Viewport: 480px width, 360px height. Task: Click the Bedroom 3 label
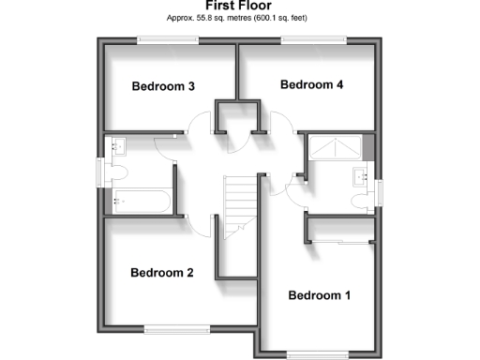163,87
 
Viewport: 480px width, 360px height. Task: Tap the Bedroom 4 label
312,84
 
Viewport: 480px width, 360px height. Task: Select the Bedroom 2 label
161,273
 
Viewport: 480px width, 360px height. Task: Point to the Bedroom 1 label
319,295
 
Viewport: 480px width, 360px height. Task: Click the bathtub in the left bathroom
139,199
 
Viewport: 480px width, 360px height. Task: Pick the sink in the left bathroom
117,146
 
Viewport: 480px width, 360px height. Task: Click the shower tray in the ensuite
336,147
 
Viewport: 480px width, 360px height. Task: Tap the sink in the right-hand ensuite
361,176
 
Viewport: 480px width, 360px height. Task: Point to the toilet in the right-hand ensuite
361,201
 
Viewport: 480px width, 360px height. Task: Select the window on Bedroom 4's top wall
311,39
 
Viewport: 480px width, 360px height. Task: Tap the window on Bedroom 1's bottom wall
318,353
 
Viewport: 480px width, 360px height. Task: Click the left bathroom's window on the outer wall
100,172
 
